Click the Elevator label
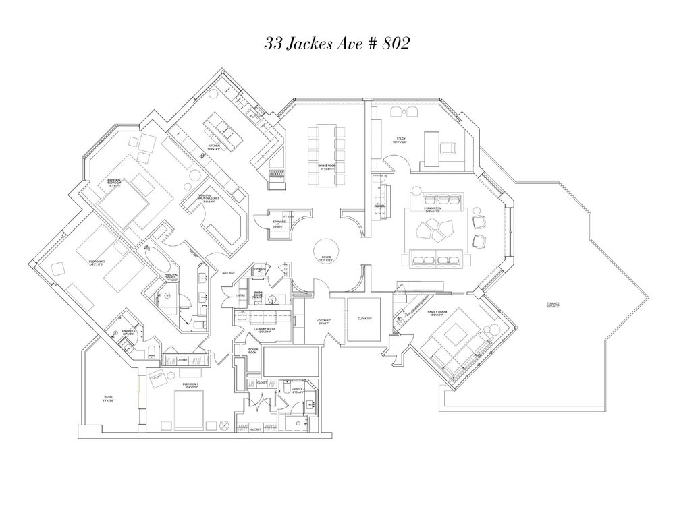coord(365,317)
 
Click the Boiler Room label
coord(252,351)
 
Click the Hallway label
coord(227,273)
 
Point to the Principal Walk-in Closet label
coord(209,197)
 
